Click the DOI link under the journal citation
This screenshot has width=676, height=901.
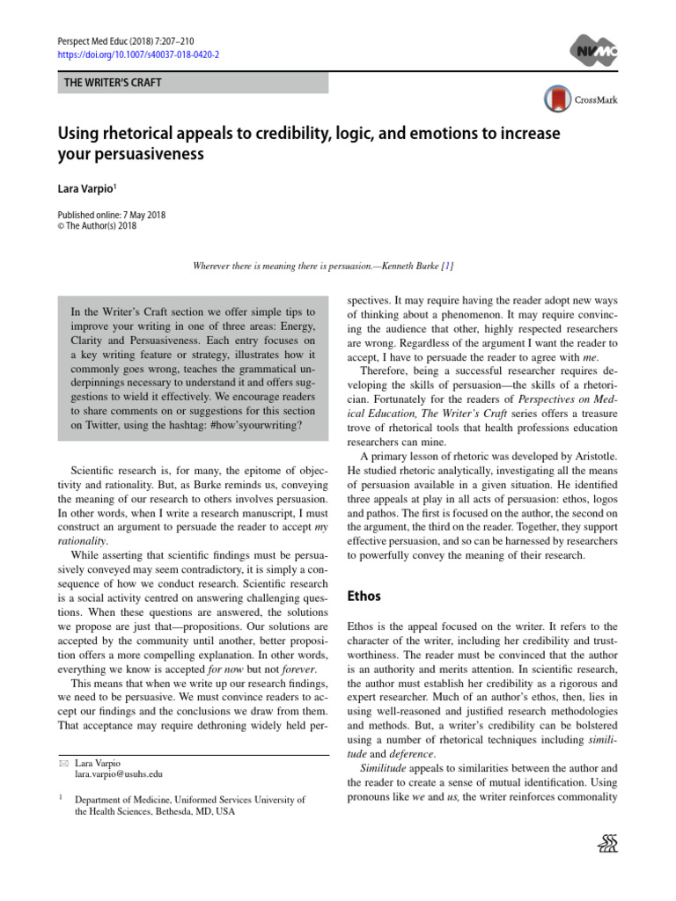coord(138,55)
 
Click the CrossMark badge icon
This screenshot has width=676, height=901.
coord(557,99)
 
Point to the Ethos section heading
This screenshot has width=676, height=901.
coord(364,597)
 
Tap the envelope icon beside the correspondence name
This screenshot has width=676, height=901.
coord(62,762)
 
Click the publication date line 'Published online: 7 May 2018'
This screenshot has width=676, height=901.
coord(112,214)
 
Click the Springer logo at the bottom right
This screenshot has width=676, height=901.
coord(607,845)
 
